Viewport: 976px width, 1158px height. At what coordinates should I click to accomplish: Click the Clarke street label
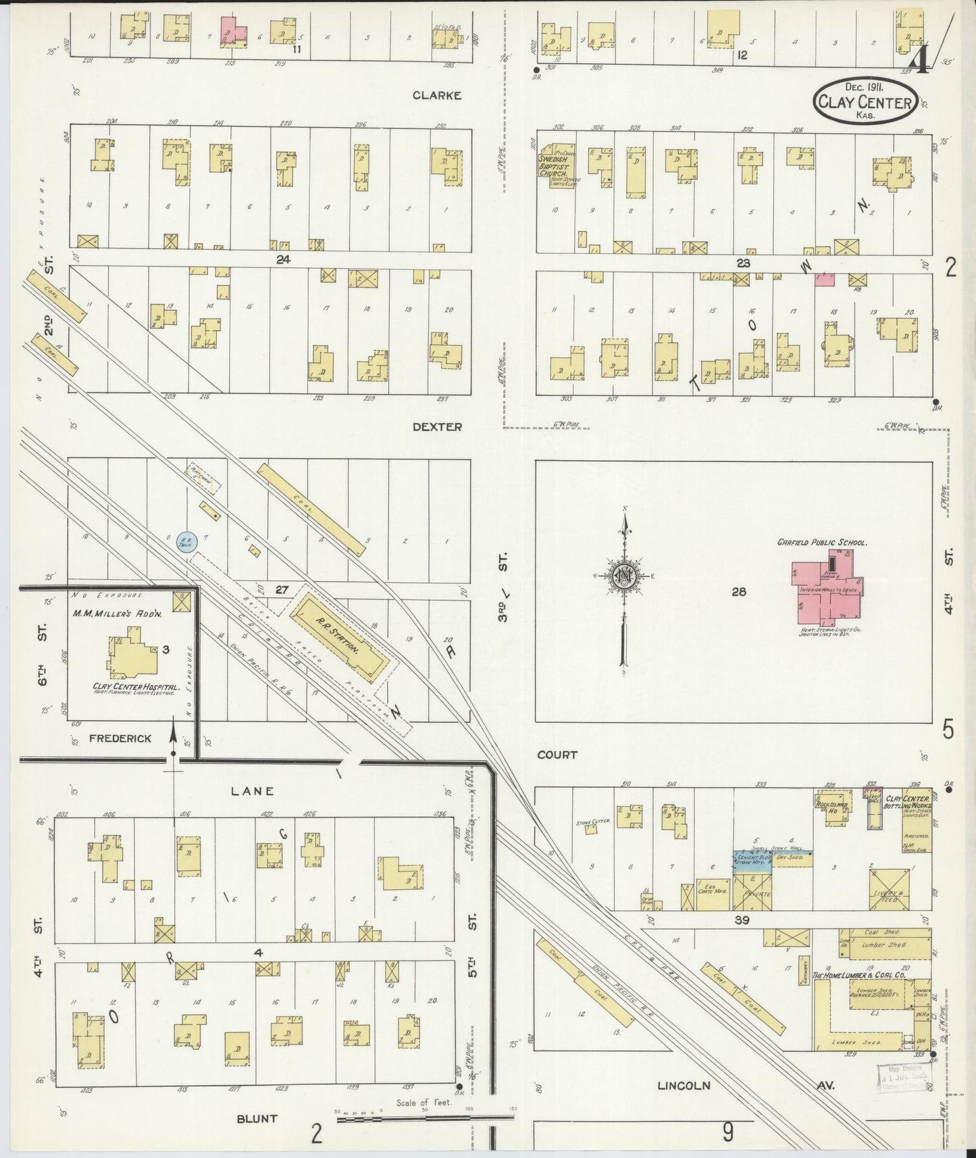click(x=437, y=96)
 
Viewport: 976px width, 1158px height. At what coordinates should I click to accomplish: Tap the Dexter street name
click(x=437, y=427)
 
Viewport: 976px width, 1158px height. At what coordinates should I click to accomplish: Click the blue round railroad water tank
click(x=186, y=540)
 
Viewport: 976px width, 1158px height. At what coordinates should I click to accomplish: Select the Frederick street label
click(x=120, y=738)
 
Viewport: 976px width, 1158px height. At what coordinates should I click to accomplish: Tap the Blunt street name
click(x=257, y=1118)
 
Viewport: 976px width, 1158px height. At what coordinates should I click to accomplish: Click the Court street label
click(x=557, y=755)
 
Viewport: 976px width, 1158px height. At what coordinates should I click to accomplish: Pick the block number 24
click(x=282, y=258)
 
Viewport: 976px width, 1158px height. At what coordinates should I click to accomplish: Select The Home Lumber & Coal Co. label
click(x=857, y=976)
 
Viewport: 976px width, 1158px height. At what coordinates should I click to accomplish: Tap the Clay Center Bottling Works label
click(x=908, y=803)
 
